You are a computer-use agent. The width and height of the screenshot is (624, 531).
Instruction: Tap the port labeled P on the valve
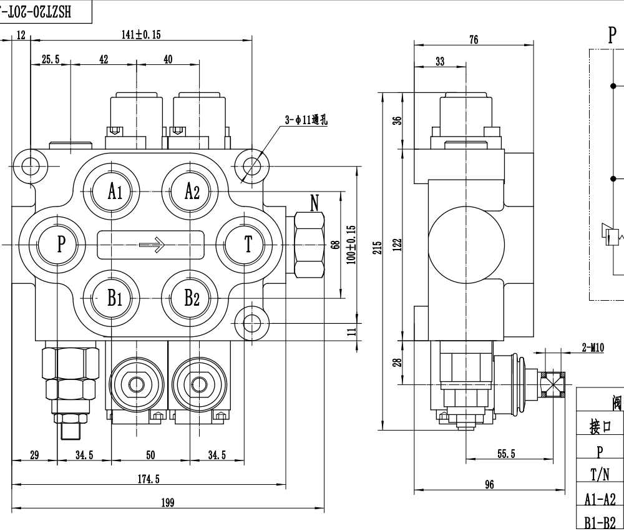point(61,244)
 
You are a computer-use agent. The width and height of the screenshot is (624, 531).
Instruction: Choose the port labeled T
point(248,244)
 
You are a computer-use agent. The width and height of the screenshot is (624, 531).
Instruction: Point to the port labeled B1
point(115,298)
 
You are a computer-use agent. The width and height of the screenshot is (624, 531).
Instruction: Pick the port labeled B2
point(192,298)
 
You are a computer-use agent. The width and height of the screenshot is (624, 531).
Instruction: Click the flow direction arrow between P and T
point(152,245)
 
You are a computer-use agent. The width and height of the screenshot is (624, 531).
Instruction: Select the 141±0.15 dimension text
point(140,35)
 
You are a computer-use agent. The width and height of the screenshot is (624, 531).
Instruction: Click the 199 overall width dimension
point(167,503)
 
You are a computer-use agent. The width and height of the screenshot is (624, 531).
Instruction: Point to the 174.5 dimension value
point(148,479)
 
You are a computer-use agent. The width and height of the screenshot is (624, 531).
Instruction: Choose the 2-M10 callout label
point(592,348)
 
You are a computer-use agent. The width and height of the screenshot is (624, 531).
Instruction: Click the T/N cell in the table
point(599,475)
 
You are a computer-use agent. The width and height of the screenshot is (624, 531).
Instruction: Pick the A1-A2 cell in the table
point(599,499)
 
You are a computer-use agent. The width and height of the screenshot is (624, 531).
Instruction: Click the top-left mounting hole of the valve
point(31,165)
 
